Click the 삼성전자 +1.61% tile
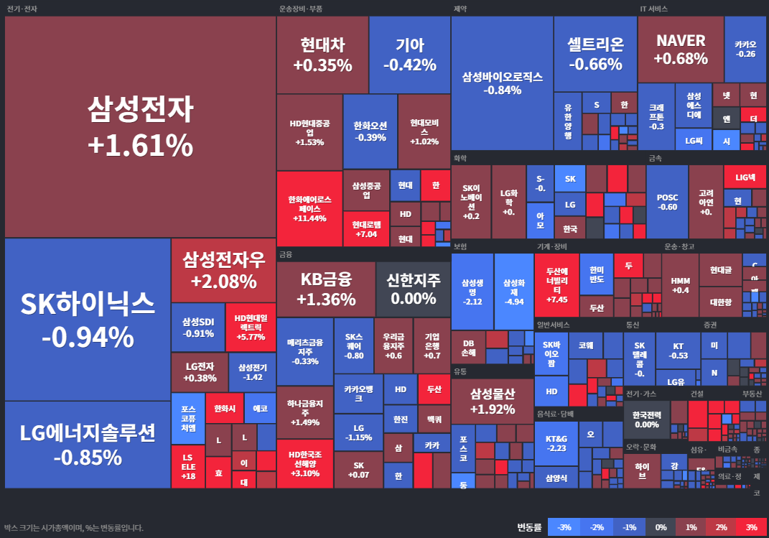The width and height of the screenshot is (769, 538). coord(140,127)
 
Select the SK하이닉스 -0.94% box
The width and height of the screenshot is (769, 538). coord(88,319)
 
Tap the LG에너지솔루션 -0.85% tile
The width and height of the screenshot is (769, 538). coord(88,445)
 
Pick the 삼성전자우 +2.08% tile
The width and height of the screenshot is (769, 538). coord(223,270)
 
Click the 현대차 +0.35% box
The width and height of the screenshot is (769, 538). coord(322,55)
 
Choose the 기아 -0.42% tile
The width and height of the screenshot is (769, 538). coord(409,55)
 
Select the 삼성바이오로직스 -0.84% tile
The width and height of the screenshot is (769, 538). coord(502,83)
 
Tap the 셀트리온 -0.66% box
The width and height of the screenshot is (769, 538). coord(595,54)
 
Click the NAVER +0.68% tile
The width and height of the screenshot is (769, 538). coord(680,49)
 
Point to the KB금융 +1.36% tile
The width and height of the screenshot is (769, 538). coord(325,289)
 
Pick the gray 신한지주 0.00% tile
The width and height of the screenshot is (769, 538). coord(413,289)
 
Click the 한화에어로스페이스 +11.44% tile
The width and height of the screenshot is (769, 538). coord(309,208)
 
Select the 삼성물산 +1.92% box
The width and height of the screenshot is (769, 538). coord(492,402)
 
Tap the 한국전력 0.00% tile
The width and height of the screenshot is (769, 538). coord(646,419)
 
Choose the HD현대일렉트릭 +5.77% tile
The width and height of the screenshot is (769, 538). coord(251,327)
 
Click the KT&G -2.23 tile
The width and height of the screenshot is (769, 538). coord(556,442)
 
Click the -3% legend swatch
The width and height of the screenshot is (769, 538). coord(564,527)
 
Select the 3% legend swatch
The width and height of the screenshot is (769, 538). coord(751,527)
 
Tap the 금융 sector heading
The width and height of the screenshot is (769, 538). coord(286,254)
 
